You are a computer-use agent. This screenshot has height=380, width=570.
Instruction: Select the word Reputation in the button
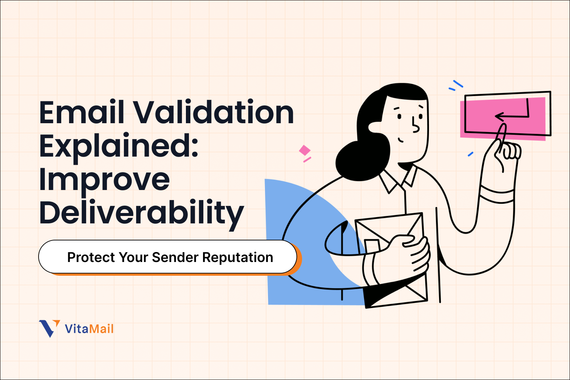(x=238, y=257)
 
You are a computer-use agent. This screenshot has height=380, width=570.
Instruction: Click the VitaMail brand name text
(x=89, y=329)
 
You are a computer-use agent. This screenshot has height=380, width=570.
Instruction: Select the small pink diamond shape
(x=305, y=150)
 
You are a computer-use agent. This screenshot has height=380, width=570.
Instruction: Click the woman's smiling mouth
(x=401, y=140)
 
